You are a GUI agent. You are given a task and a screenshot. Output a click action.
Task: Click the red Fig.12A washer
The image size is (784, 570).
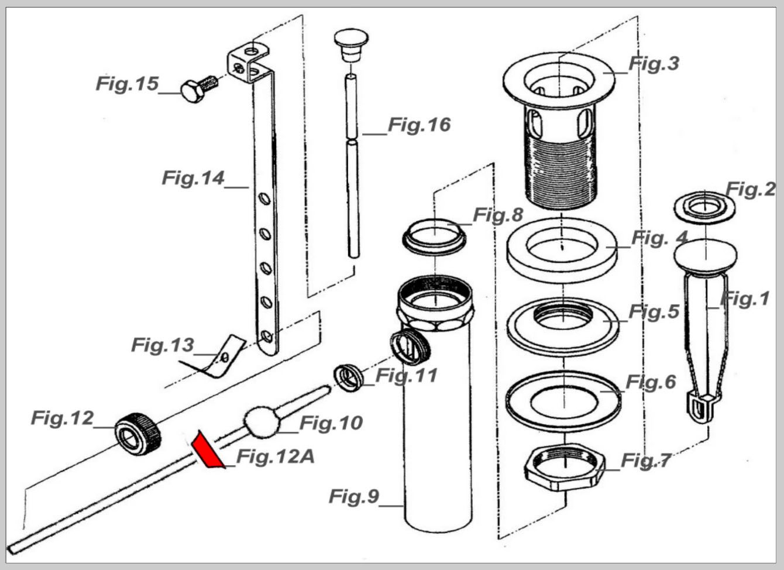tap(207, 451)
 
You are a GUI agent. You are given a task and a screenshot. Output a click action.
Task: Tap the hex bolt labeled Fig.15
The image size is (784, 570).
tap(199, 89)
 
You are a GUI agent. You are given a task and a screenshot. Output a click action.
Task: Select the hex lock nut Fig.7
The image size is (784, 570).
tap(565, 467)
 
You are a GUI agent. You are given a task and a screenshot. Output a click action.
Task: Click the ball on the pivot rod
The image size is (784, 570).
tap(262, 421)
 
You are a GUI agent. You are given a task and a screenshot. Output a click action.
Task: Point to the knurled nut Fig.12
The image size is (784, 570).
tap(138, 434)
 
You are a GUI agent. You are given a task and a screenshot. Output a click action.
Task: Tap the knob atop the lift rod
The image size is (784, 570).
tap(351, 46)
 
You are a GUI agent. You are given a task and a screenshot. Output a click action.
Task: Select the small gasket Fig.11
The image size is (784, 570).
tap(348, 378)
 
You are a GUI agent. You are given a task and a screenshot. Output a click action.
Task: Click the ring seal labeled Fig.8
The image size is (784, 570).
tap(434, 236)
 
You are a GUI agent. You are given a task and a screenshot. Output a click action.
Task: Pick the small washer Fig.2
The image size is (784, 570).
tap(704, 207)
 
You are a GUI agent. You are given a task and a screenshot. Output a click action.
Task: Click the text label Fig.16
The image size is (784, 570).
tap(419, 125)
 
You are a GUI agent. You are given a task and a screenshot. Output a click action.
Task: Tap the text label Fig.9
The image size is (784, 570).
tap(354, 496)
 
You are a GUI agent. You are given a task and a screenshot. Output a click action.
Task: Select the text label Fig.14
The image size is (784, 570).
tap(193, 178)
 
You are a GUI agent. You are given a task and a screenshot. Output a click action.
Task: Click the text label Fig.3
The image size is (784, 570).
tap(654, 64)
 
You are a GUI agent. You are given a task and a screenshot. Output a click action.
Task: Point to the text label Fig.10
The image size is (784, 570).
tap(331, 423)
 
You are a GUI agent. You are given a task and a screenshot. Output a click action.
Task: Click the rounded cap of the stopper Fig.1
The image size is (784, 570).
tap(705, 257)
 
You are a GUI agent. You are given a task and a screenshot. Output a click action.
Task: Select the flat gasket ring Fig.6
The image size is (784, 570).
tap(563, 401)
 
